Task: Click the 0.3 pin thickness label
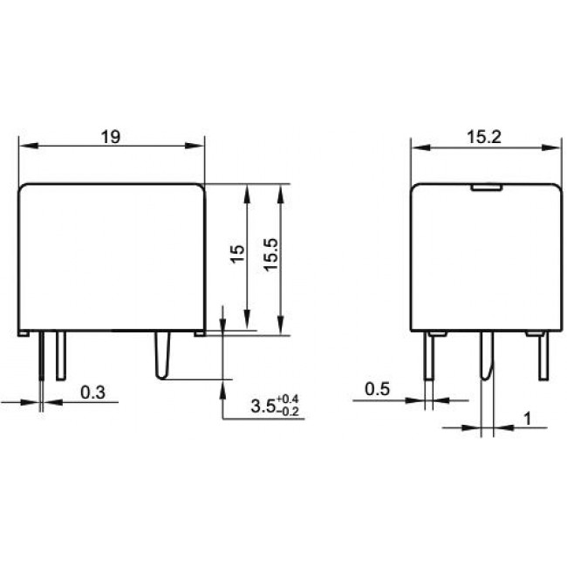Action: point(92,393)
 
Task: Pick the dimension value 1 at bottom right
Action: point(529,419)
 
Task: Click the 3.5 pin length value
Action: point(262,406)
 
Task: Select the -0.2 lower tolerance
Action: point(287,412)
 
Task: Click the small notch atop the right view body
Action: point(484,186)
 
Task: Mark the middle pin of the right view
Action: point(486,358)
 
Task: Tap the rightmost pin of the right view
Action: point(543,358)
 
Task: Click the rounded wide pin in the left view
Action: point(163,358)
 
